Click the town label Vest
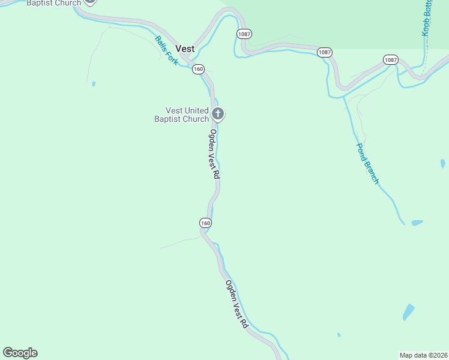coord(184,48)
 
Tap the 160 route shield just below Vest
coord(198,69)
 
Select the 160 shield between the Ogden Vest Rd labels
coord(205,223)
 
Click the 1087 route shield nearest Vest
coord(244,34)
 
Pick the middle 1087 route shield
coord(324,52)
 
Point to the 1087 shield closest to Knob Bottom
coord(390,59)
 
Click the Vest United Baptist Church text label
coord(187,115)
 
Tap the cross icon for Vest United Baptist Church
coord(218,113)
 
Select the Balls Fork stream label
coord(166,51)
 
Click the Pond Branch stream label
coord(367,163)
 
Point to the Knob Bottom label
coord(427,18)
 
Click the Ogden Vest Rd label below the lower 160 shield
coord(237,304)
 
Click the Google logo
coord(20,352)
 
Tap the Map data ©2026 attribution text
coord(424,355)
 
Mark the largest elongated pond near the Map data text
coord(408,312)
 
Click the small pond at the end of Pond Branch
coord(417,223)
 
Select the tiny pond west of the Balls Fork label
coord(94,83)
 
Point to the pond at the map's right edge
coord(442,163)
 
